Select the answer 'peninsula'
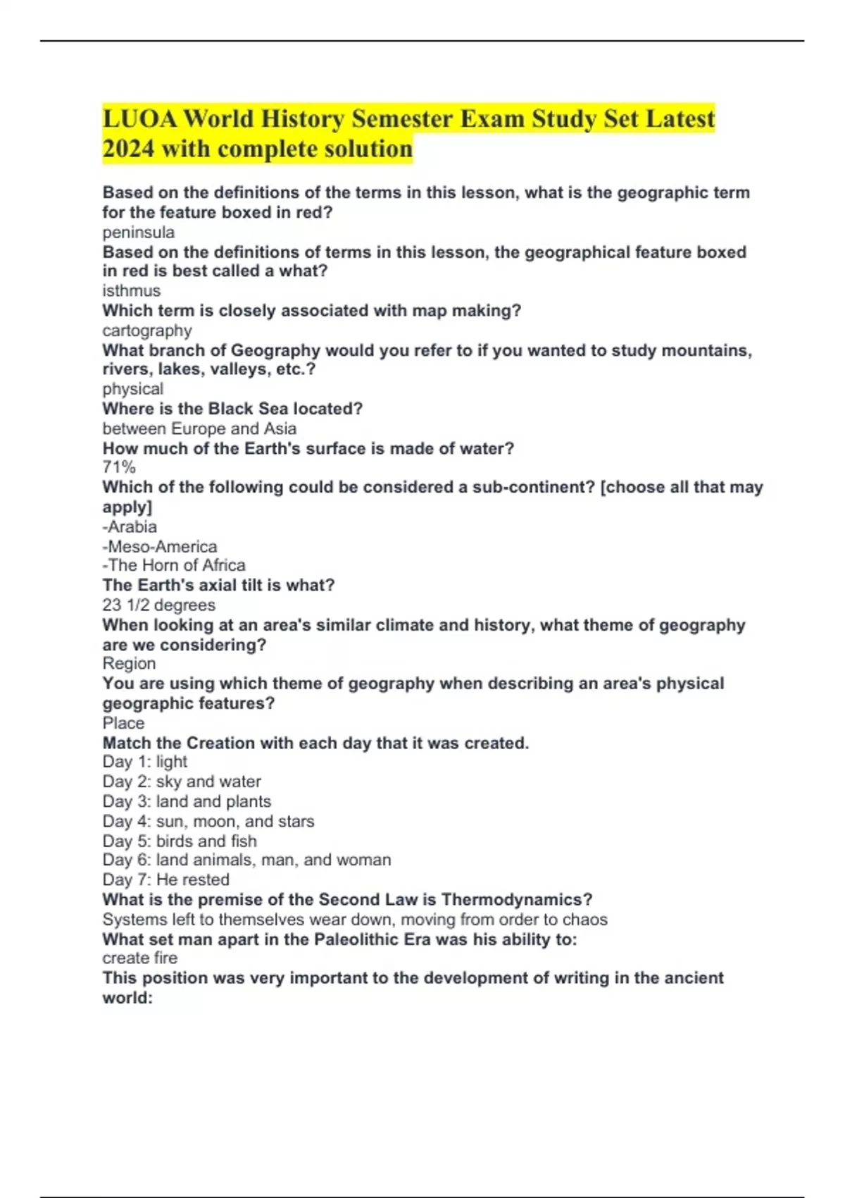(139, 233)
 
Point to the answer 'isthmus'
(132, 290)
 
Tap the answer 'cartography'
(147, 331)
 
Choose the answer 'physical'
(133, 389)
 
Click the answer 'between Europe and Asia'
(199, 428)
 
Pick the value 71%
(119, 467)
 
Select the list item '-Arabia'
(130, 527)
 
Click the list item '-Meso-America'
(160, 547)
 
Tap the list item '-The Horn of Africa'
(174, 565)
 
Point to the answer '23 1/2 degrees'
(159, 605)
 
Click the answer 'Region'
(129, 664)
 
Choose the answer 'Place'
(123, 723)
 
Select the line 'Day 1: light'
(145, 762)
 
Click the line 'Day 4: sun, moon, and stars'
(208, 821)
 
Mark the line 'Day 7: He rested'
(166, 879)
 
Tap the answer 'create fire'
(140, 958)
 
